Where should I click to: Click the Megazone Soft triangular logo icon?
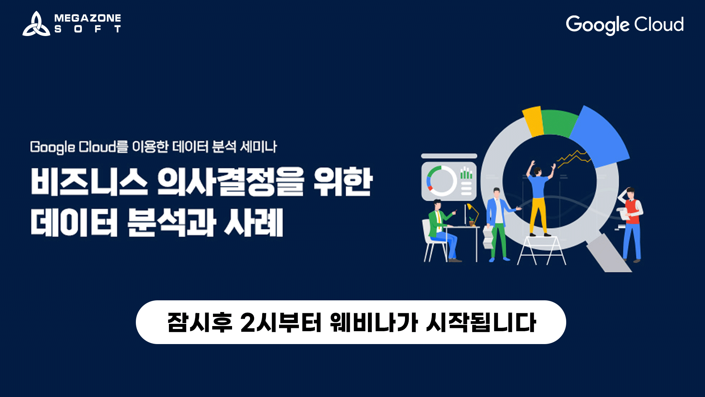click(36, 24)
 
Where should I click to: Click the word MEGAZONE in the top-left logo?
click(87, 18)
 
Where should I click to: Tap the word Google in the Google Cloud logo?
click(597, 25)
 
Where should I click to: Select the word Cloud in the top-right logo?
click(659, 24)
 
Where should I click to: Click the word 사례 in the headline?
click(254, 222)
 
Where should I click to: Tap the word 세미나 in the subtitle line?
click(258, 147)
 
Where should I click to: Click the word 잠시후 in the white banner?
click(200, 322)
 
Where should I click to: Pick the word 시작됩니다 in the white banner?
click(481, 322)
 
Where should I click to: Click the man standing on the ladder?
click(538, 200)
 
